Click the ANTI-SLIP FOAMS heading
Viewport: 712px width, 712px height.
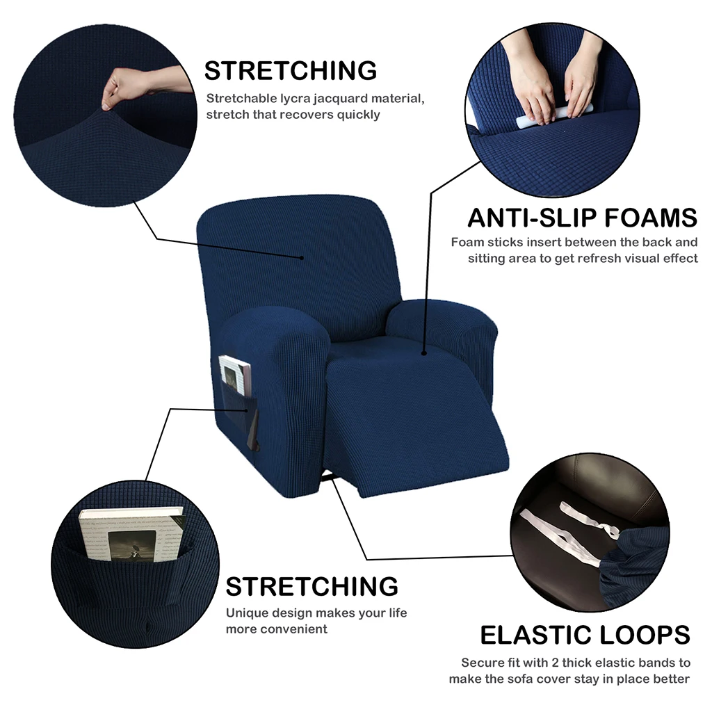click(582, 218)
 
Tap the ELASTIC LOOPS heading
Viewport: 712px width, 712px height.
click(585, 634)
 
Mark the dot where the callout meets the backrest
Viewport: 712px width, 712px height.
click(302, 258)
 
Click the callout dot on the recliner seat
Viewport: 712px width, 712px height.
click(423, 353)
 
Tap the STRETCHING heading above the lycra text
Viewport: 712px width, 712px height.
click(290, 71)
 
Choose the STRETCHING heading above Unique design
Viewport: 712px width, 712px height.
click(311, 586)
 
